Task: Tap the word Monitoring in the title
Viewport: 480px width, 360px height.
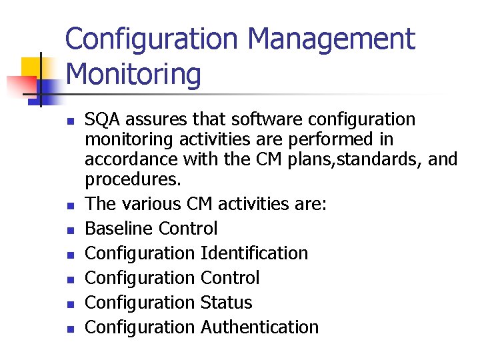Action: [133, 75]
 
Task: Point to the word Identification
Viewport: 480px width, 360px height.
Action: [254, 253]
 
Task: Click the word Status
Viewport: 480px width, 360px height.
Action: [226, 303]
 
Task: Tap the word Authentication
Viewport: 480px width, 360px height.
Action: [259, 327]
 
